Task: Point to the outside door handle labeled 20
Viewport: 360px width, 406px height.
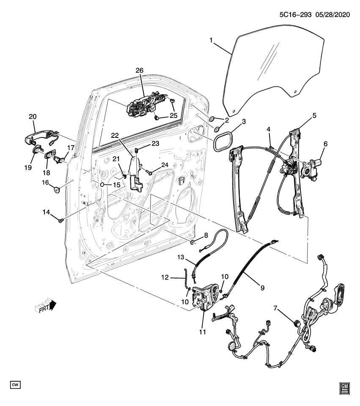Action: [39, 136]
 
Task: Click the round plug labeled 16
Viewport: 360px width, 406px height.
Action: [56, 189]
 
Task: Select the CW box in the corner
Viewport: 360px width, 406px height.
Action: [15, 384]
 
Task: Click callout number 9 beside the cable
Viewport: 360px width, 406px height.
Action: [262, 288]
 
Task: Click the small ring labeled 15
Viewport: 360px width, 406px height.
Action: [103, 185]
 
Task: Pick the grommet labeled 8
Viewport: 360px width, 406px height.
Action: [192, 242]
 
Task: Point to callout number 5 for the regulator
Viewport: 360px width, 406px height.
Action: [314, 115]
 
